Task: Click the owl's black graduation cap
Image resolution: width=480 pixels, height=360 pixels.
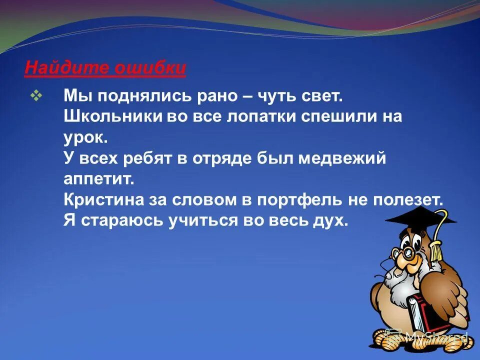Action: click(420, 216)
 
